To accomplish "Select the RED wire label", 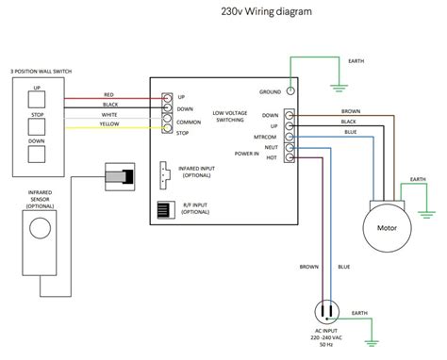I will pos(108,94).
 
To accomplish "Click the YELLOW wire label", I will pos(110,123).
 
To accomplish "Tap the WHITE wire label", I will pos(109,114).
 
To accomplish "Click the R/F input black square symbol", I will pos(163,208).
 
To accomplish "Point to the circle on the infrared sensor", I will pos(41,229).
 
